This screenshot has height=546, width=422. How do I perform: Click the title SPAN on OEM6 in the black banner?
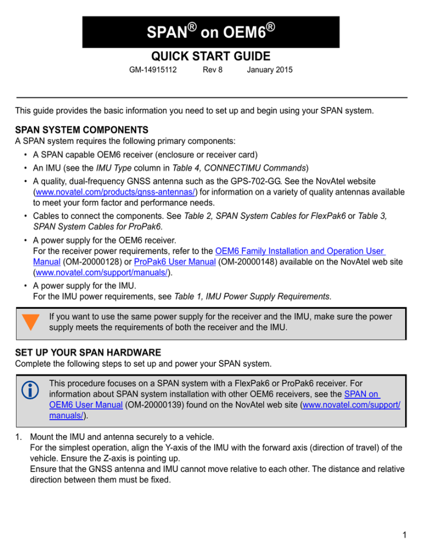[x=211, y=32]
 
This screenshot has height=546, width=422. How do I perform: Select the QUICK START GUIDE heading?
[x=211, y=56]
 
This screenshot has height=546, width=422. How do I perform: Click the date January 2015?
[x=270, y=70]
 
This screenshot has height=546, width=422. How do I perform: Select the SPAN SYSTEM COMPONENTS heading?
[x=82, y=130]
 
